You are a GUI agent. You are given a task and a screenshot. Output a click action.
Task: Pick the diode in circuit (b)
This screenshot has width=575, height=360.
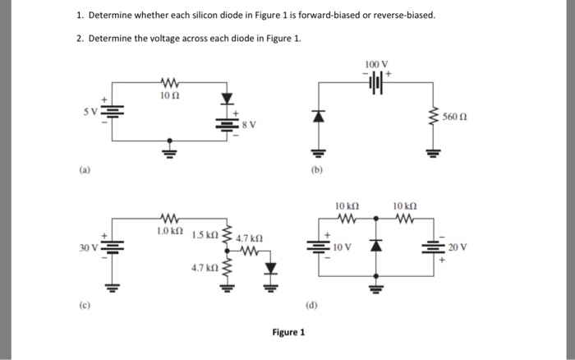(x=315, y=116)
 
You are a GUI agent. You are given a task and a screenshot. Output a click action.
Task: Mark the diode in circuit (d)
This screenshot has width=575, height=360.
(x=376, y=246)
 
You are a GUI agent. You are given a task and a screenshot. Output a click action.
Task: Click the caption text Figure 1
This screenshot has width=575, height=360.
(x=288, y=333)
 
